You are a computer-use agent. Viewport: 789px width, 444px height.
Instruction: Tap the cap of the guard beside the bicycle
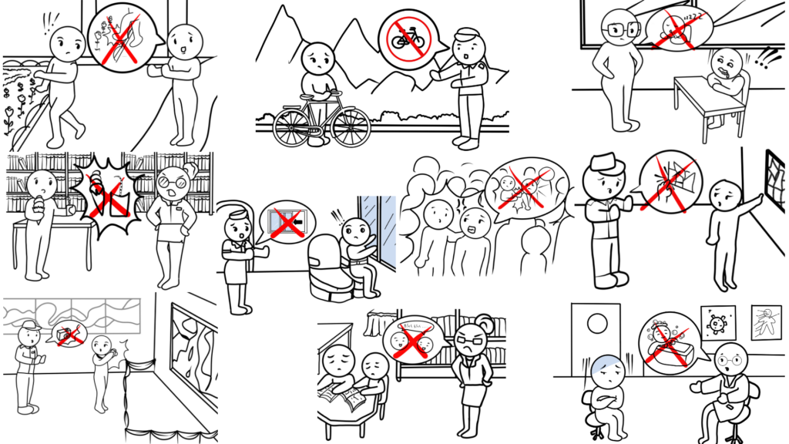(466, 34)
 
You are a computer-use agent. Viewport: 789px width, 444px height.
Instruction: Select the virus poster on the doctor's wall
(717, 323)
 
